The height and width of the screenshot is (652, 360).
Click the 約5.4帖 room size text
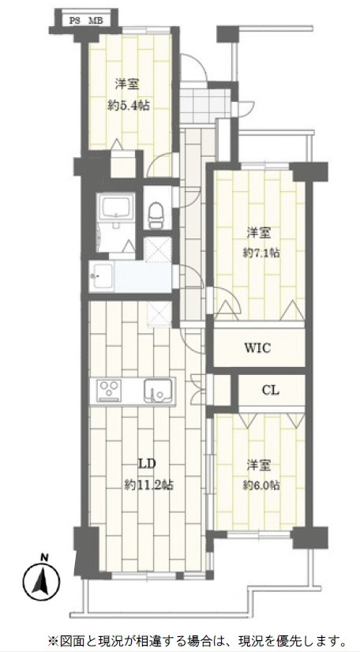point(129,106)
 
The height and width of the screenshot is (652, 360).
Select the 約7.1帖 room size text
point(261,253)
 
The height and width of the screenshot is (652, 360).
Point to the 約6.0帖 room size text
point(261,485)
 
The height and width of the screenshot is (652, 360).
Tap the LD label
point(149,464)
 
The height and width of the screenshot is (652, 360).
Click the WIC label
point(257,347)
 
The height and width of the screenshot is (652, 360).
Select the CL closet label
point(271,391)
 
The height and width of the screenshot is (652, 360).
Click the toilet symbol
point(156,215)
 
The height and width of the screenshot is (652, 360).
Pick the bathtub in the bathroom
point(115,207)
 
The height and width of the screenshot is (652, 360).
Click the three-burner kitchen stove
point(109,391)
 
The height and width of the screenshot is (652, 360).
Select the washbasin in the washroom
point(102,275)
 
